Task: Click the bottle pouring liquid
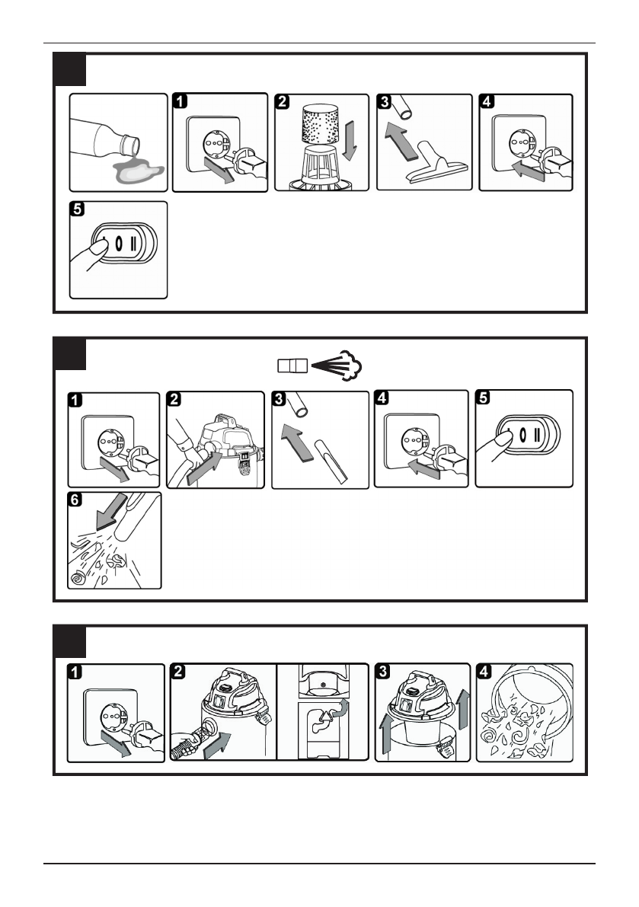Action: [x=104, y=139]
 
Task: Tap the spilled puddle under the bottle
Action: [x=139, y=171]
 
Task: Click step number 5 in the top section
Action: [x=78, y=209]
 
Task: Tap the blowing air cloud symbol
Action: [x=349, y=365]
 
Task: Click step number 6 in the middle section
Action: [x=75, y=499]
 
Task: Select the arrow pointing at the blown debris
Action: [x=112, y=511]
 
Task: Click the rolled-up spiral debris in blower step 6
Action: [x=78, y=578]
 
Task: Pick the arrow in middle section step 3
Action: [x=296, y=442]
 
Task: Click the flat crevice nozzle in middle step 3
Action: [x=331, y=461]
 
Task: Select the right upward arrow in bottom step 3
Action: [x=462, y=708]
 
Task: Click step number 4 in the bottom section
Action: [x=484, y=672]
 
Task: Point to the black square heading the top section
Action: [x=70, y=70]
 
